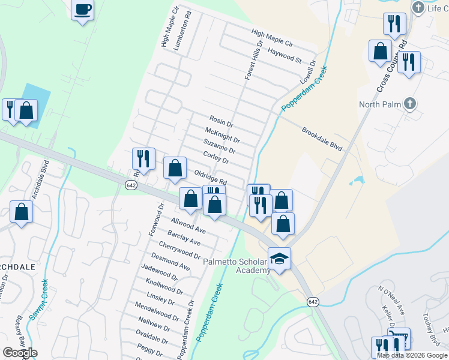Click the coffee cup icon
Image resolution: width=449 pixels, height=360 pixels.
(x=83, y=10)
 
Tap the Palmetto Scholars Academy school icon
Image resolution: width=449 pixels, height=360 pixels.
(x=279, y=259)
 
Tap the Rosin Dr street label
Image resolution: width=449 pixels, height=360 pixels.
(x=221, y=122)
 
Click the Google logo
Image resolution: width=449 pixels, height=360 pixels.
(x=20, y=353)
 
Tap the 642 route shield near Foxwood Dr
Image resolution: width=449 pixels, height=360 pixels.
(x=131, y=185)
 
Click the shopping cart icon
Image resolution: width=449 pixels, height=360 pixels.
(x=399, y=338)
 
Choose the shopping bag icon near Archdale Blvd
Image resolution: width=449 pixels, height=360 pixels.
(x=22, y=212)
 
